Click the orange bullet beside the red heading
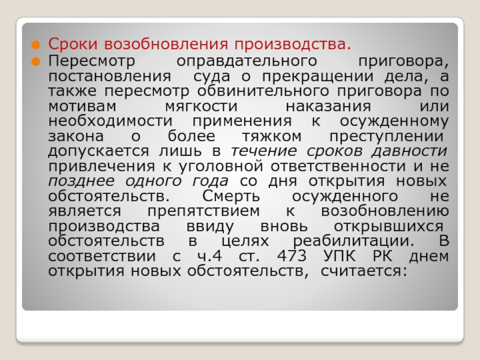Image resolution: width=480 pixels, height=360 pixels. click(36, 45)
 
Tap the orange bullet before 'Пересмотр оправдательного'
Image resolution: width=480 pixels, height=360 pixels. click(36, 62)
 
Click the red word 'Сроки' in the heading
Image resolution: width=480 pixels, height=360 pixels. click(73, 44)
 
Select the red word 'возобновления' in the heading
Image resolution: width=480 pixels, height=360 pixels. click(166, 44)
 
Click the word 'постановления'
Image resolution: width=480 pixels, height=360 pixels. click(110, 76)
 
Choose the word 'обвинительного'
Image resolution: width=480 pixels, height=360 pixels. click(263, 91)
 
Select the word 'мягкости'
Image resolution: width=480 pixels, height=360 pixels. click(201, 106)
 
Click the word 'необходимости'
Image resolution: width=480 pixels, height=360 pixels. click(110, 122)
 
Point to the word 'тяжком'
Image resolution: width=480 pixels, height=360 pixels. click(272, 137)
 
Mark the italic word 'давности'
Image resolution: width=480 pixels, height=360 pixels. click(410, 151)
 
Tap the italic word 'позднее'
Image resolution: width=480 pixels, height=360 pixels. click(82, 181)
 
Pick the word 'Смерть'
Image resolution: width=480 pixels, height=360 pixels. click(231, 197)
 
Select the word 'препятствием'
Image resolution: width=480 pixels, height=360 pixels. click(203, 212)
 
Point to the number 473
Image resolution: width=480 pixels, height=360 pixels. click(292, 256)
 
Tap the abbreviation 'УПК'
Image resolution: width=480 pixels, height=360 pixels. click(340, 256)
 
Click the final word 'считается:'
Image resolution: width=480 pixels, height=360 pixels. click(364, 272)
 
